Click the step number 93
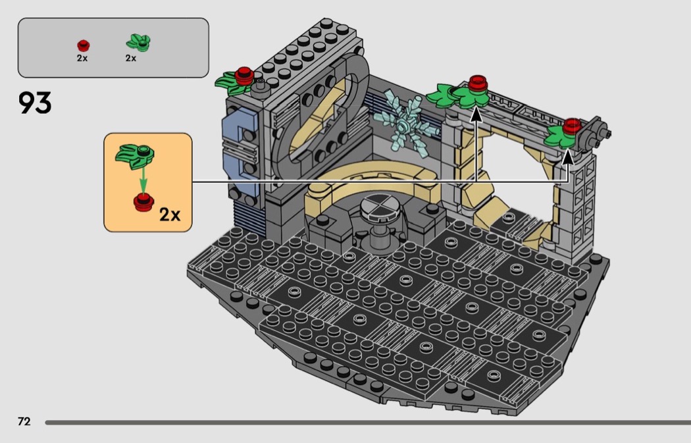coord(35,103)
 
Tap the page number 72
coord(24,421)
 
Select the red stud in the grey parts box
coord(84,45)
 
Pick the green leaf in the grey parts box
coord(138,43)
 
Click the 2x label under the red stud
coord(82,58)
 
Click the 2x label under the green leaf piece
coord(131,58)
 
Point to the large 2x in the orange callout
coord(170,215)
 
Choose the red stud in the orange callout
coord(143,201)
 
